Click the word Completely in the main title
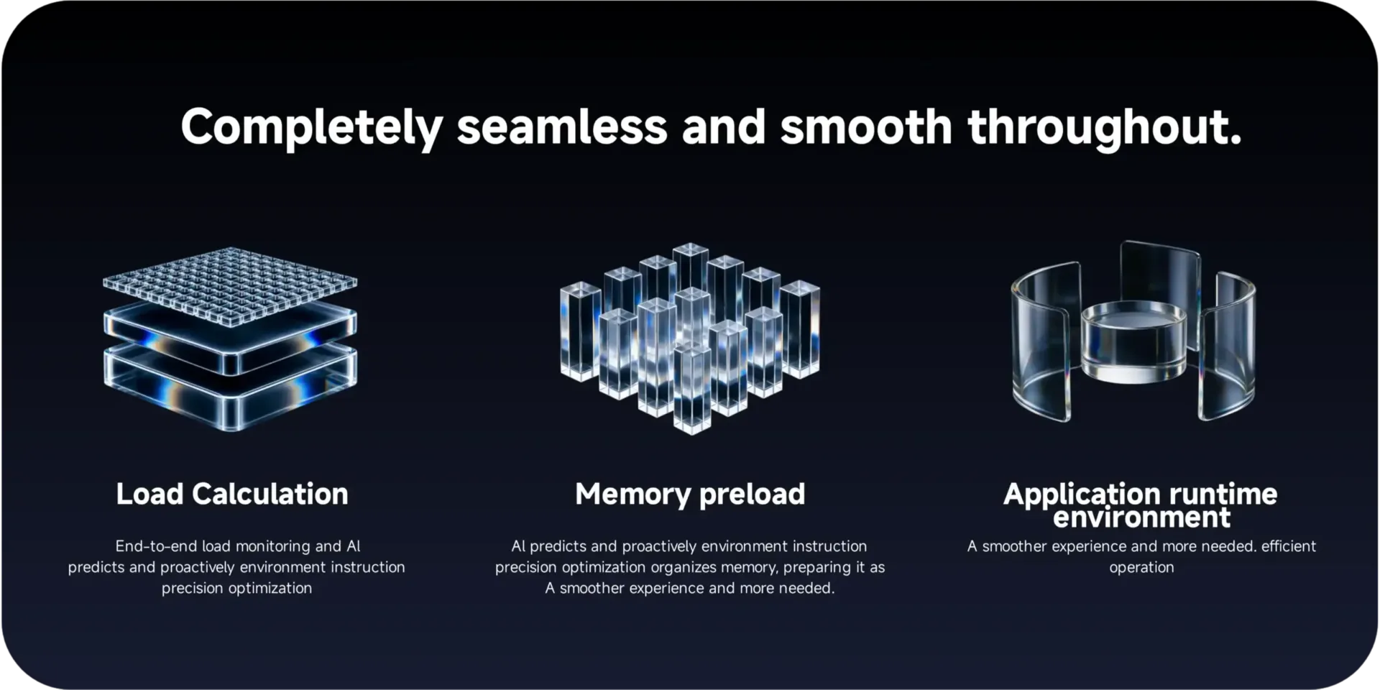(311, 128)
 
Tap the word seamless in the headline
(562, 127)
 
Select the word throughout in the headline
(1105, 128)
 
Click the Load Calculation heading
(232, 494)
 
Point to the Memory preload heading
(690, 494)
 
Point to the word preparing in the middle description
(817, 568)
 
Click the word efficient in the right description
(1289, 546)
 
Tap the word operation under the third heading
(1141, 568)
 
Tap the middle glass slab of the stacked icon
(230, 338)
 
